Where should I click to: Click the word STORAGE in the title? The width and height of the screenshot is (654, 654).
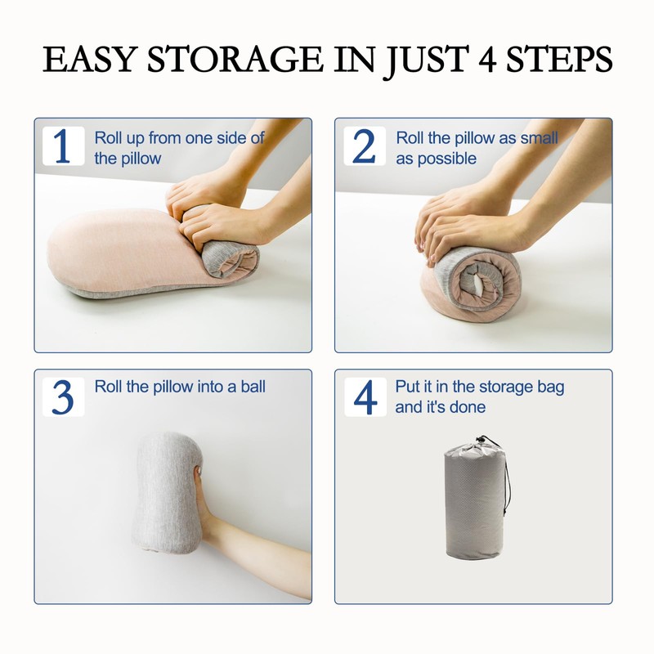click(x=235, y=59)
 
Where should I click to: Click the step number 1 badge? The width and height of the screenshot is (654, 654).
click(x=64, y=146)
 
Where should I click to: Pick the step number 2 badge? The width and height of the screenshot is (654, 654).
click(x=364, y=146)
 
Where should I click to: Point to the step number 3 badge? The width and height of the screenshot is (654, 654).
click(x=64, y=396)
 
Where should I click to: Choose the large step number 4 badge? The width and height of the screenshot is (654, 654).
click(x=365, y=396)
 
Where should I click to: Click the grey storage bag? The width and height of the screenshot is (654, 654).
click(x=475, y=500)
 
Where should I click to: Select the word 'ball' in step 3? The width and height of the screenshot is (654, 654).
click(x=253, y=387)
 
